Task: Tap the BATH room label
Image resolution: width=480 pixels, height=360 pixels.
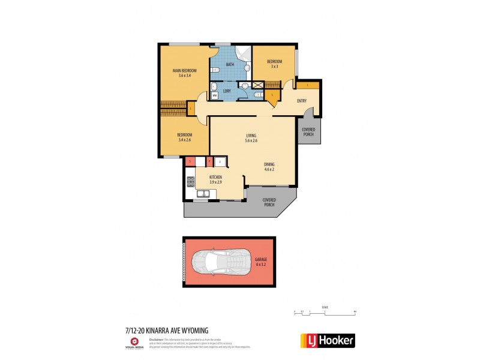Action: click(230, 64)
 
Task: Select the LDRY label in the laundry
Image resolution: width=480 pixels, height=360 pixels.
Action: click(227, 91)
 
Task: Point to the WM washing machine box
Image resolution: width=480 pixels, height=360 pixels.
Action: click(214, 94)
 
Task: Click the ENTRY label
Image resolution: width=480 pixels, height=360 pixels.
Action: click(302, 101)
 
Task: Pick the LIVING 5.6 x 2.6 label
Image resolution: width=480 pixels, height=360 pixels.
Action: click(251, 138)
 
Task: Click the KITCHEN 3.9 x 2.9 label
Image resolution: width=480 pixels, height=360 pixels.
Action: click(215, 179)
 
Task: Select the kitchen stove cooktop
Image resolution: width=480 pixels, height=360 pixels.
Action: click(190, 181)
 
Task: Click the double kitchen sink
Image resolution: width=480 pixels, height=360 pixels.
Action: click(203, 193)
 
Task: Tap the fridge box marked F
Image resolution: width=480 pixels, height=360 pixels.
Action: click(220, 161)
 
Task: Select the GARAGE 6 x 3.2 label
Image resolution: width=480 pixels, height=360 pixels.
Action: click(260, 262)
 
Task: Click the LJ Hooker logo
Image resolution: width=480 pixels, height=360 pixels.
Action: click(327, 341)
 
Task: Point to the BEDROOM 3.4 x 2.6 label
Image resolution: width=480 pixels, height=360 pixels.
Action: click(184, 137)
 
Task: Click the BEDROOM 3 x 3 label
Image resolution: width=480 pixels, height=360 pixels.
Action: click(274, 64)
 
